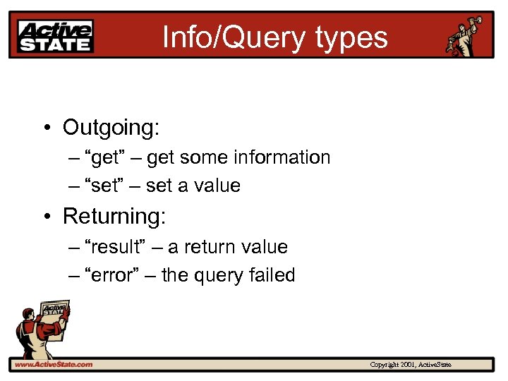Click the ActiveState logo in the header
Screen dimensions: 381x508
[x=56, y=36]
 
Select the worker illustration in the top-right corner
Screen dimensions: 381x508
[x=466, y=35]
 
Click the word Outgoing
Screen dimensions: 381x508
[x=111, y=128]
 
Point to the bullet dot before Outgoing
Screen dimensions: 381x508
[x=44, y=128]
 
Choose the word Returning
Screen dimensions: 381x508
[x=114, y=216]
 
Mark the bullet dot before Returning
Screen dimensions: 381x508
[x=44, y=217]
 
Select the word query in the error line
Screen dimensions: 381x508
[x=217, y=276]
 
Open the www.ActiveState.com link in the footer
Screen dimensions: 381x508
[x=54, y=365]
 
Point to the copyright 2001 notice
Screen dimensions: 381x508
[x=411, y=365]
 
